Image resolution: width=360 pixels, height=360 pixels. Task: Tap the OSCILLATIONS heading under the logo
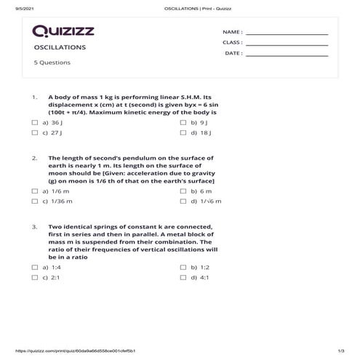60,47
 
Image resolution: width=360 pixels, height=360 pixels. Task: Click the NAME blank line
287,33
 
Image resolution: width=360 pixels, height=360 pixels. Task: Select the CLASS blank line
287,44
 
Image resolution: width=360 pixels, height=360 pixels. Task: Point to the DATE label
233,53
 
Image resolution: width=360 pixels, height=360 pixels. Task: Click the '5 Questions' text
52,63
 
